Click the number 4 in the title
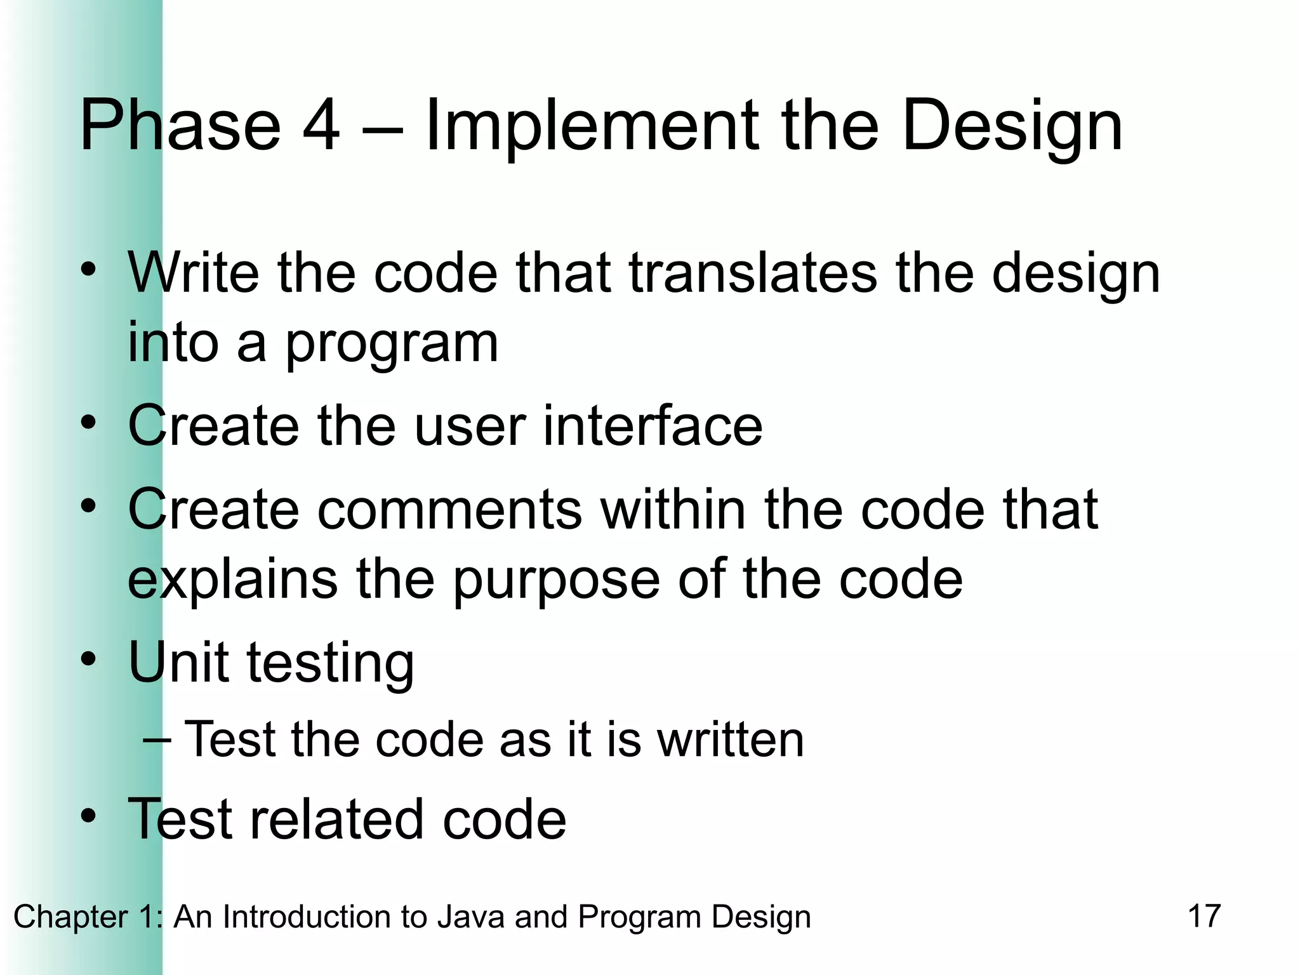pyautogui.click(x=321, y=125)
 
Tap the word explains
pyautogui.click(x=232, y=581)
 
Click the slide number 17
pyautogui.click(x=1204, y=916)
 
